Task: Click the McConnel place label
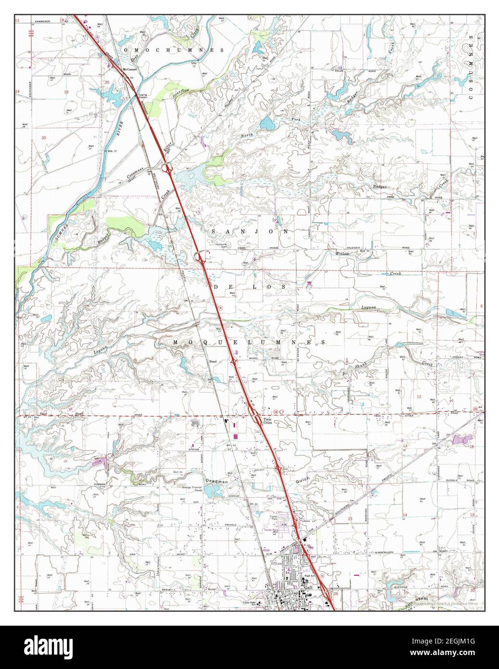129,69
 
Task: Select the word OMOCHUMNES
174,50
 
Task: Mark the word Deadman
217,481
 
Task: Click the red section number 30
44,138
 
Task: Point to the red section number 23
350,518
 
